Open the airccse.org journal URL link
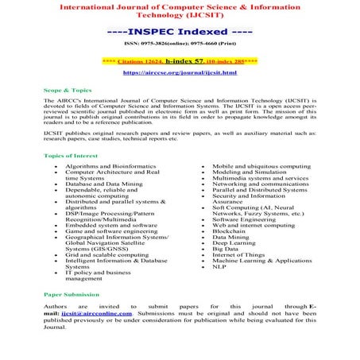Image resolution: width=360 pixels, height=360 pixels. tap(180, 72)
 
